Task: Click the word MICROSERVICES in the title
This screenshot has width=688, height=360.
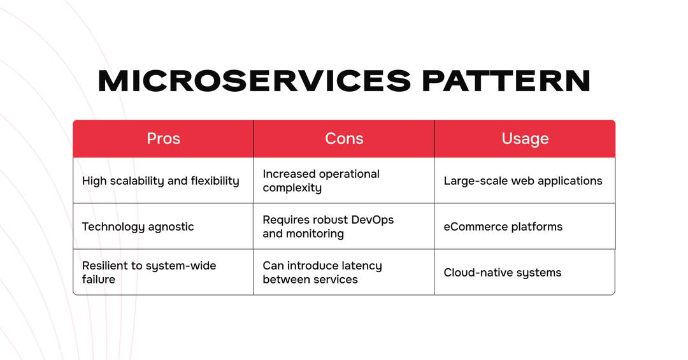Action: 254,81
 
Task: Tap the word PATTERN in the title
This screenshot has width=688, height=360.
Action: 506,81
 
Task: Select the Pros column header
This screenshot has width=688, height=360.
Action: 163,139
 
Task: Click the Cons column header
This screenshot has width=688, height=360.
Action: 344,139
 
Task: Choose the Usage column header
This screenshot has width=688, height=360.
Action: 525,139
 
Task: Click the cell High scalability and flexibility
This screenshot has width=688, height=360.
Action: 163,180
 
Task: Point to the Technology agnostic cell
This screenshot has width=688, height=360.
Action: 163,227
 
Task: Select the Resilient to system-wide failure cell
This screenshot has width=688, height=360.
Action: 163,272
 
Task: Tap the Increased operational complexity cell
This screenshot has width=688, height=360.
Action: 344,180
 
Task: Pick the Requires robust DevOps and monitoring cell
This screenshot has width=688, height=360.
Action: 344,227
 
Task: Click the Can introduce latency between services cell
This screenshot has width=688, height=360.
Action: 344,272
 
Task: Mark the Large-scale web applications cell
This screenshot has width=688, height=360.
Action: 525,180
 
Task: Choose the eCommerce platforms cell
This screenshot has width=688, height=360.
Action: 525,227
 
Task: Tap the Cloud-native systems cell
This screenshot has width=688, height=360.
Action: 525,272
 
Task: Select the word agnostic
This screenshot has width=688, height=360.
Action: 171,227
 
